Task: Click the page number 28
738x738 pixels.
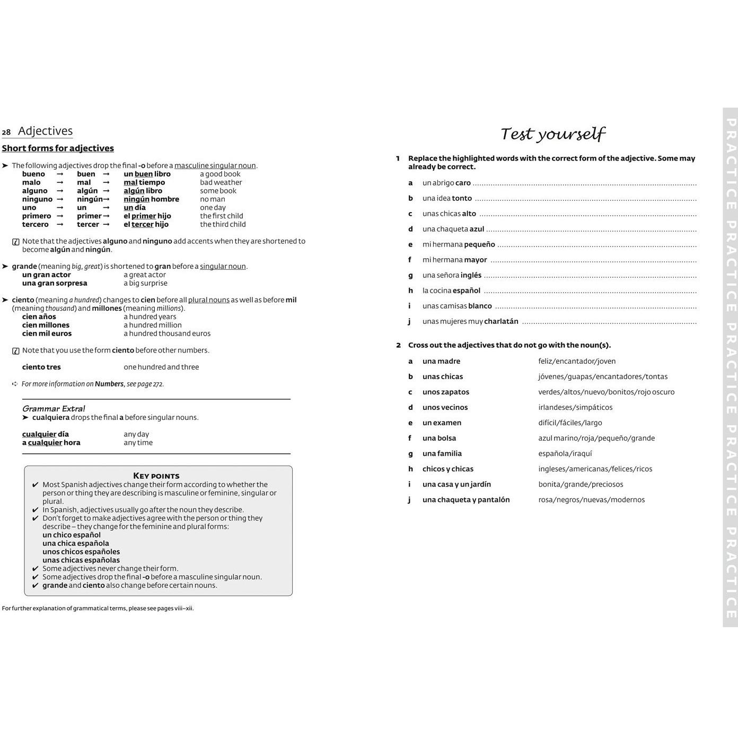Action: click(x=6, y=133)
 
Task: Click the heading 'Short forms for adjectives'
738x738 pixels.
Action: click(x=58, y=148)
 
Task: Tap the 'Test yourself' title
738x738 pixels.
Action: click(x=552, y=134)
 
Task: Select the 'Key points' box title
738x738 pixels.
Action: click(x=156, y=476)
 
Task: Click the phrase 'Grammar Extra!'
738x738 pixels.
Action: click(x=54, y=409)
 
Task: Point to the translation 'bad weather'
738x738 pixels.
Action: click(x=221, y=182)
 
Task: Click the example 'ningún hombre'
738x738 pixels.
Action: click(x=151, y=199)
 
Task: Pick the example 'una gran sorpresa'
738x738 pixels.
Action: click(x=55, y=283)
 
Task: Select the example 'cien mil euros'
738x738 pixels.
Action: click(x=47, y=333)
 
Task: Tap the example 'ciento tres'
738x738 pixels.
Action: click(x=41, y=367)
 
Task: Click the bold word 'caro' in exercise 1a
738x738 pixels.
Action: click(x=463, y=183)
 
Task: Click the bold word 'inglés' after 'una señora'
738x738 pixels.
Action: click(x=471, y=275)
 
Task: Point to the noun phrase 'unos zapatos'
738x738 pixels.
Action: click(x=445, y=392)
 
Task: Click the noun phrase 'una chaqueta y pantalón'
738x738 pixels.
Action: click(x=465, y=500)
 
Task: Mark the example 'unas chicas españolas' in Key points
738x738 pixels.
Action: click(x=81, y=560)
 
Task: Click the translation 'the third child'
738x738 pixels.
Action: click(x=223, y=224)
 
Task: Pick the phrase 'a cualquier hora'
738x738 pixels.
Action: click(x=51, y=443)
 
